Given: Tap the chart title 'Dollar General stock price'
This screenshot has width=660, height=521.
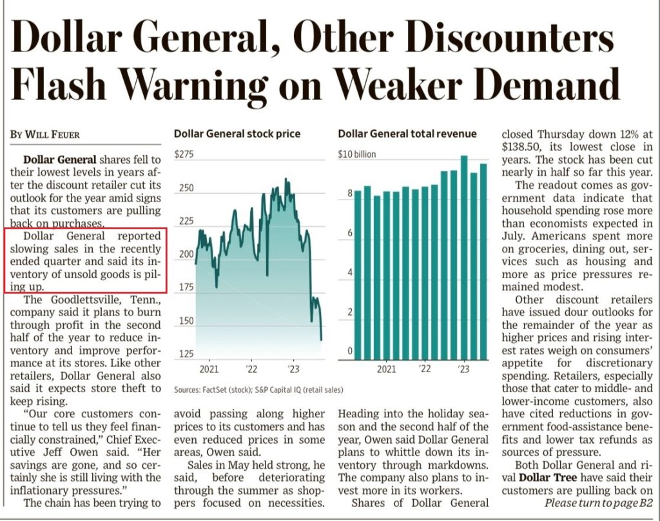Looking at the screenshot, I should [237, 134].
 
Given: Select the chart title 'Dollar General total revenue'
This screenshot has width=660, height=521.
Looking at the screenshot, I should [407, 134].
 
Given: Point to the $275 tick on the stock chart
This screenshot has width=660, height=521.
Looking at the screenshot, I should [184, 155].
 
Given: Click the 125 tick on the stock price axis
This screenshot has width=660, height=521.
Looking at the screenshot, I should [184, 354].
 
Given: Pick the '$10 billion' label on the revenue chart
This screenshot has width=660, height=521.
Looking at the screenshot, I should [357, 155].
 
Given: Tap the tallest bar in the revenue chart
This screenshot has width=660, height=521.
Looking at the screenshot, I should [463, 258].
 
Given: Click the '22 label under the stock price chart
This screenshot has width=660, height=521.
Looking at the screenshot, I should [250, 369].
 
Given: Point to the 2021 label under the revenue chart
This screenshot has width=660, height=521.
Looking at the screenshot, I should [386, 369].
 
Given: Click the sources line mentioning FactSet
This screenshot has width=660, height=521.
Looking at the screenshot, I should [258, 390].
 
